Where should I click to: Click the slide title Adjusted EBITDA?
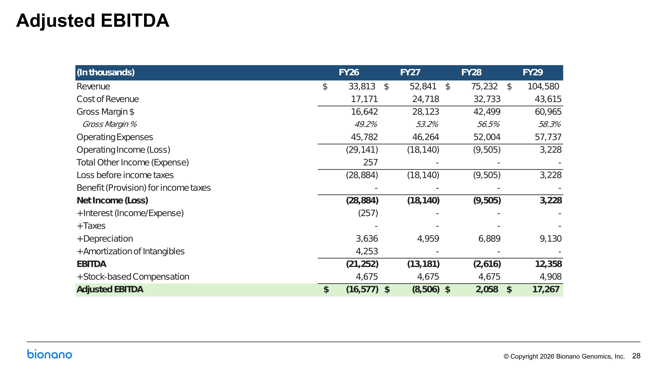(93, 21)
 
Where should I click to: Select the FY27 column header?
(410, 72)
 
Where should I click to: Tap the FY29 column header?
(533, 72)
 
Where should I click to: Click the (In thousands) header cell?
(106, 72)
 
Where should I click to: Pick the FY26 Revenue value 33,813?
(362, 86)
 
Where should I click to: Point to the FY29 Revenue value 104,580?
(543, 86)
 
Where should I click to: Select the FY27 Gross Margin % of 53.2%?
(427, 124)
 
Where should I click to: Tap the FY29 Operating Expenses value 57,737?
(548, 137)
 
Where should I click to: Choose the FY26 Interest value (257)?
(368, 213)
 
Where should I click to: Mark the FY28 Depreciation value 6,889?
(489, 239)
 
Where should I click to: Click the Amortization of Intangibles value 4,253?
(367, 251)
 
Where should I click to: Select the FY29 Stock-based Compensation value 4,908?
(550, 277)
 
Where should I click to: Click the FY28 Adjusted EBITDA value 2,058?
(487, 289)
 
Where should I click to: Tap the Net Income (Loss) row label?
(112, 201)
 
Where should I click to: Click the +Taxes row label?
(91, 226)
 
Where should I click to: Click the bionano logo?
(50, 354)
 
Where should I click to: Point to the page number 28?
(636, 356)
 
